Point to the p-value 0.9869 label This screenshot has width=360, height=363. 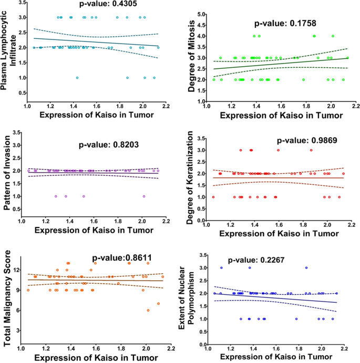pos(308,141)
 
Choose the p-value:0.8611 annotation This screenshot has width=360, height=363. pos(122,257)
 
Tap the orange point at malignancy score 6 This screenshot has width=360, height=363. pos(148,310)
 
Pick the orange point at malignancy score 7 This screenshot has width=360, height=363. pos(158,304)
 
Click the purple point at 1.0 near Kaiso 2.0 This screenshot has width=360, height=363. pos(143,196)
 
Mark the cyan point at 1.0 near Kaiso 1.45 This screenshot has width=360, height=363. pos(77,78)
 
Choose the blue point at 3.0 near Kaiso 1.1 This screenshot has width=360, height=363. pos(222,267)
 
